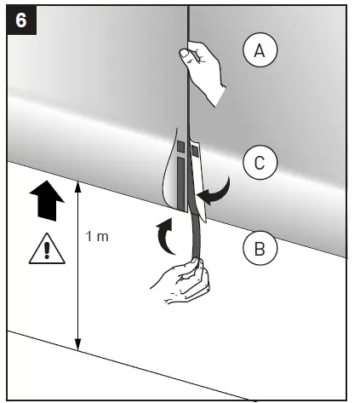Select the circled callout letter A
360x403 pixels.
point(260,51)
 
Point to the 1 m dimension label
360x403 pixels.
point(97,236)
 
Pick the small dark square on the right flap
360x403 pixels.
point(196,152)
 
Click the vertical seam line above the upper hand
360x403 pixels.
point(187,21)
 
